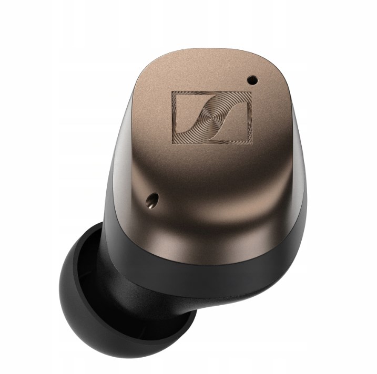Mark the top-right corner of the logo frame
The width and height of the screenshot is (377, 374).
251,92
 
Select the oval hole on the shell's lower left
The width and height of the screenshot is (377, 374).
153,199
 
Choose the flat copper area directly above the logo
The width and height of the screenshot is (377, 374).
210,74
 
